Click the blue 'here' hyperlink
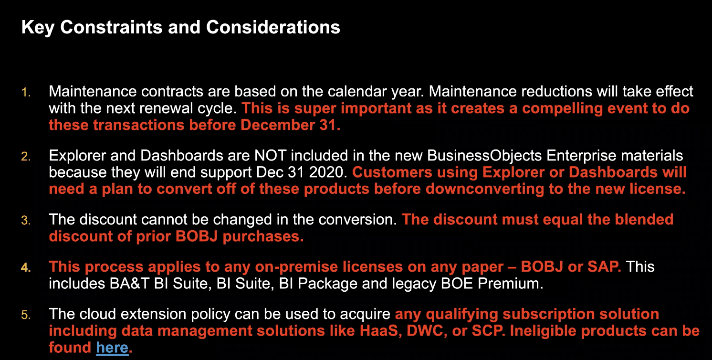[x=112, y=348]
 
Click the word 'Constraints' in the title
[x=111, y=27]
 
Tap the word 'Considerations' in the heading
[x=273, y=27]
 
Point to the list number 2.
[x=26, y=156]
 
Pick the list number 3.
[x=26, y=221]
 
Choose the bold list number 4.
[x=26, y=267]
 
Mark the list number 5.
[x=26, y=315]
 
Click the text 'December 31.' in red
[x=290, y=125]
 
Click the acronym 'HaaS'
[x=379, y=331]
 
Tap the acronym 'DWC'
[x=425, y=331]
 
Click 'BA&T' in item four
[x=129, y=284]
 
